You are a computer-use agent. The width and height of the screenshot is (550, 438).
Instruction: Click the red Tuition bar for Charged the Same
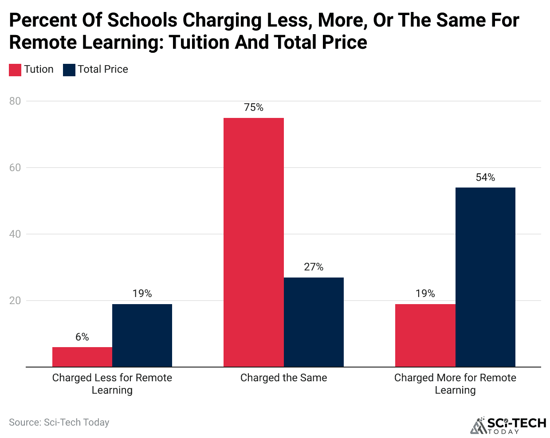pyautogui.click(x=253, y=242)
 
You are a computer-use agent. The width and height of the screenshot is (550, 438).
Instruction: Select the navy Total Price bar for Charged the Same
pyautogui.click(x=314, y=322)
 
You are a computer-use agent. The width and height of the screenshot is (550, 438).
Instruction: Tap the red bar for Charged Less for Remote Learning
pyautogui.click(x=82, y=357)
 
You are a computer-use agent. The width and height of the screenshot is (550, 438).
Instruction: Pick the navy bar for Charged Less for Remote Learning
pyautogui.click(x=142, y=335)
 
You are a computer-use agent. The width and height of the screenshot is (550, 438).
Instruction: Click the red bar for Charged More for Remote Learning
pyautogui.click(x=425, y=335)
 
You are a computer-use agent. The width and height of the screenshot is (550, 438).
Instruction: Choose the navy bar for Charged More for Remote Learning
pyautogui.click(x=485, y=277)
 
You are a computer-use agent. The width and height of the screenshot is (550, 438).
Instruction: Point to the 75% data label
pyautogui.click(x=253, y=107)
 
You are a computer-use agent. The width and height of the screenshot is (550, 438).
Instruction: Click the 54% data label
pyautogui.click(x=485, y=177)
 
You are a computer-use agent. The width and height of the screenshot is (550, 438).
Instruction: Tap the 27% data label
pyautogui.click(x=314, y=267)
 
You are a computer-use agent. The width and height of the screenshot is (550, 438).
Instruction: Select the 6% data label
pyautogui.click(x=82, y=337)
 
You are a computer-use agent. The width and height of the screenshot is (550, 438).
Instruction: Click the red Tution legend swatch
pyautogui.click(x=15, y=70)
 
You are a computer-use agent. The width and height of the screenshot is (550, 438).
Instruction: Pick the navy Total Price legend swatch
pyautogui.click(x=69, y=70)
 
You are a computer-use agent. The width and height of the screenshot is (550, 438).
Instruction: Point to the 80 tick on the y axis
pyautogui.click(x=15, y=101)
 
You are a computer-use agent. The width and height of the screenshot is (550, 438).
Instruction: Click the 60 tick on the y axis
pyautogui.click(x=15, y=168)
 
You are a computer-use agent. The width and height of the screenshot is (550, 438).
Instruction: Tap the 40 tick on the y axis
pyautogui.click(x=15, y=234)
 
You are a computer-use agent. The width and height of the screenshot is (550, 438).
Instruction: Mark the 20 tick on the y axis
pyautogui.click(x=15, y=301)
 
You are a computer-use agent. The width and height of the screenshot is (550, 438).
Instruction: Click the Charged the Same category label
pyautogui.click(x=283, y=378)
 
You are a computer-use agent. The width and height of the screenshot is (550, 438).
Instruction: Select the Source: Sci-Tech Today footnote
pyautogui.click(x=59, y=422)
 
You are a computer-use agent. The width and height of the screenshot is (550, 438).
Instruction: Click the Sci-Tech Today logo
pyautogui.click(x=508, y=426)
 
